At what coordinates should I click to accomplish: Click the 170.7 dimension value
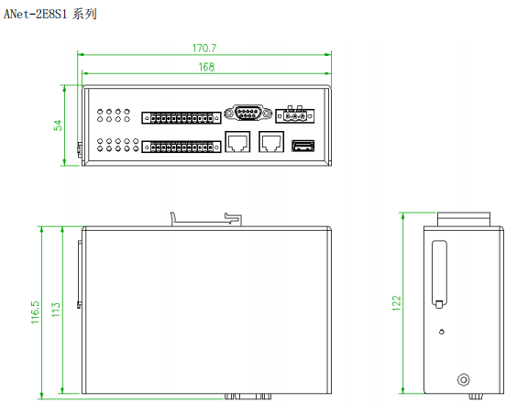click(x=204, y=49)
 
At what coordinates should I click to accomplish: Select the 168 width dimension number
click(x=206, y=67)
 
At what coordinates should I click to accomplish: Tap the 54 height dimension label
click(x=58, y=125)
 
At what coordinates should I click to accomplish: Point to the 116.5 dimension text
click(x=36, y=312)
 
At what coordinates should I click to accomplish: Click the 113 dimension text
click(x=56, y=310)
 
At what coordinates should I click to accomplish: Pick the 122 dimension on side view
click(x=397, y=303)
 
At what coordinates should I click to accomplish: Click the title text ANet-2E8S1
click(x=36, y=14)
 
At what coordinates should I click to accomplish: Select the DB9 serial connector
click(x=248, y=113)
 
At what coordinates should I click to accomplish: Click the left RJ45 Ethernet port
click(x=237, y=142)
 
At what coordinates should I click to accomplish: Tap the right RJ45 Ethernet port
click(x=271, y=142)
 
